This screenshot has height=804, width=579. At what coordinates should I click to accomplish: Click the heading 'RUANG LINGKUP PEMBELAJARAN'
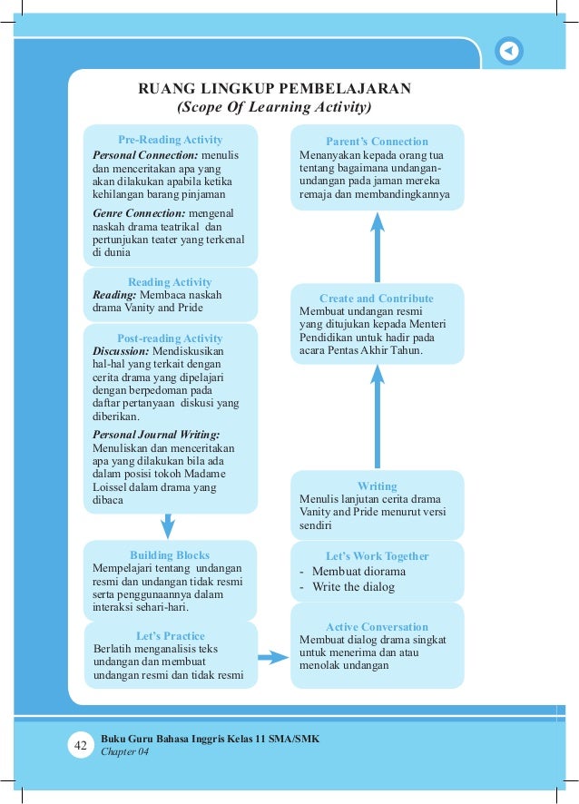click(x=274, y=89)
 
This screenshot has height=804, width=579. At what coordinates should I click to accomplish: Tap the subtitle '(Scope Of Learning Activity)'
click(x=274, y=107)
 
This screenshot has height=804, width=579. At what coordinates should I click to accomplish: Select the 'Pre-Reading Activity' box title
click(x=170, y=140)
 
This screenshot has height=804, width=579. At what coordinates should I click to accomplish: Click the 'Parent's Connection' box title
click(x=377, y=142)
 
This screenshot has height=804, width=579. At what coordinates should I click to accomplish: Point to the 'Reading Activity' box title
click(x=170, y=282)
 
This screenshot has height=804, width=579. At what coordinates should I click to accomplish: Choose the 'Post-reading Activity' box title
click(x=170, y=338)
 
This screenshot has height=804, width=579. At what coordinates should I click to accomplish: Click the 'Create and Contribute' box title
click(x=377, y=299)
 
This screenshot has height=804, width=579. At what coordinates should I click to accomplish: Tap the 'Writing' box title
click(x=377, y=486)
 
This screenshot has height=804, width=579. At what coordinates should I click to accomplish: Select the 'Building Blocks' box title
click(x=170, y=555)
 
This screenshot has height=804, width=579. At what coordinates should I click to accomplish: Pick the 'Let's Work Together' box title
click(x=377, y=556)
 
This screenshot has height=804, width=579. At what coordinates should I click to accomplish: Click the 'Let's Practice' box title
click(x=170, y=636)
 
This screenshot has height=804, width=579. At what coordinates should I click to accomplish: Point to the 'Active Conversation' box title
click(x=377, y=627)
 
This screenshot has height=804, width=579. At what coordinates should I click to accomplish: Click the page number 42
click(x=80, y=746)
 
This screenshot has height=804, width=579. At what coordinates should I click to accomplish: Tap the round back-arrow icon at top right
click(x=510, y=52)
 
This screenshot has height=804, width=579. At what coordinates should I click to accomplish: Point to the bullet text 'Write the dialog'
click(x=353, y=587)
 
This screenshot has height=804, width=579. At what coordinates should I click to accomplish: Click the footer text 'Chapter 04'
click(x=124, y=751)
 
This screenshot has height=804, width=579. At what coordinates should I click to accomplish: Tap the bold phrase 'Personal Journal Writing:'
click(x=156, y=435)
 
